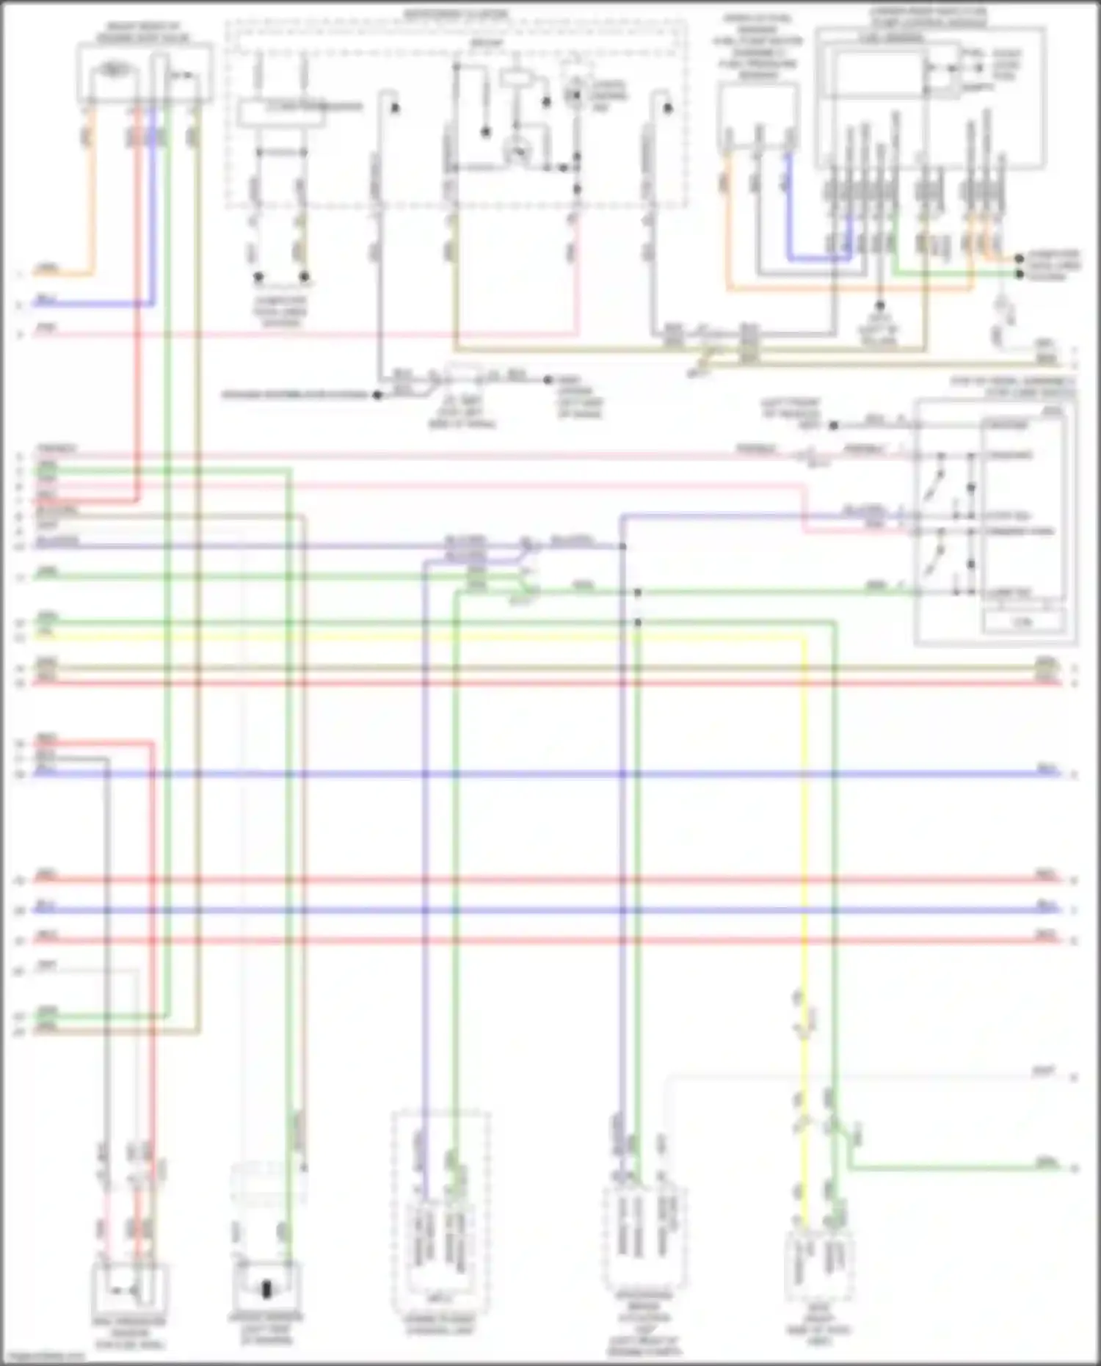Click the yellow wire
(804, 807)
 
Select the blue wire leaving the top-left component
(153, 220)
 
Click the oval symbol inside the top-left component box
(112, 70)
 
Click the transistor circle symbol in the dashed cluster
(517, 150)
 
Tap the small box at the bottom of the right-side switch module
(1023, 621)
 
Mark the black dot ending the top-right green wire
(1020, 274)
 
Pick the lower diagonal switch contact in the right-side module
(933, 563)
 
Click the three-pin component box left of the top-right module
(758, 117)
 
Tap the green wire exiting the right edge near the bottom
(954, 1166)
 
